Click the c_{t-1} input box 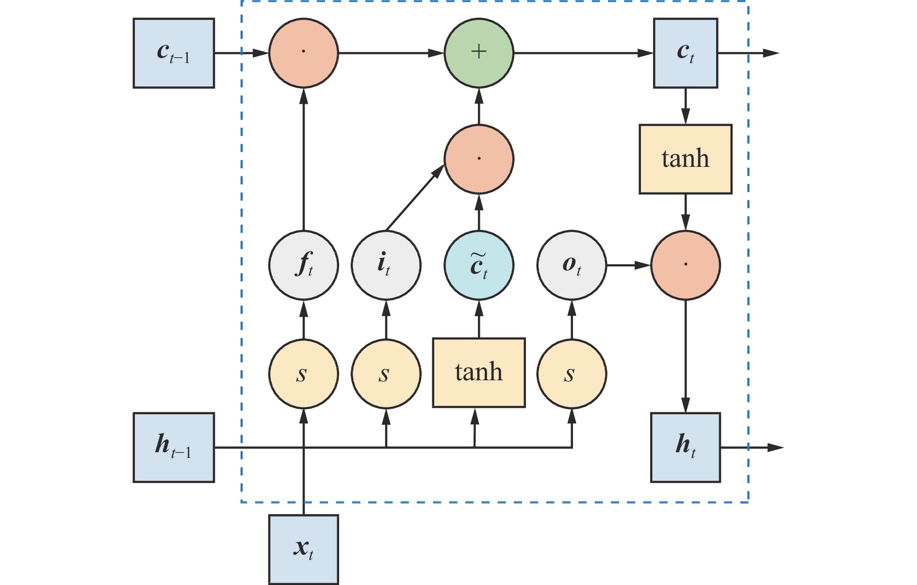click(x=174, y=53)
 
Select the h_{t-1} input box click(x=174, y=447)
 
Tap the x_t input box click(x=303, y=549)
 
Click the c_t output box click(x=685, y=53)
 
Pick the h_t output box click(x=685, y=447)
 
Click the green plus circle click(x=479, y=53)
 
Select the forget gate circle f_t click(x=304, y=265)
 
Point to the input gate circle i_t click(x=386, y=265)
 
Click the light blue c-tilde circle click(x=479, y=265)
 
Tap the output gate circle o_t click(x=572, y=265)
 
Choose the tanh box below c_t click(x=685, y=159)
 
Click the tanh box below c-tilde click(x=479, y=372)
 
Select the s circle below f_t click(x=304, y=374)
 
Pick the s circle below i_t click(x=386, y=374)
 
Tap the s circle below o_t click(x=572, y=374)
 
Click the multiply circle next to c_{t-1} click(x=304, y=53)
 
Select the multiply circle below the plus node click(x=479, y=159)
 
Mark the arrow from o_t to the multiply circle click(x=628, y=265)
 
